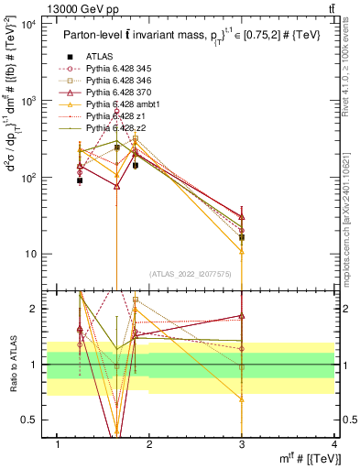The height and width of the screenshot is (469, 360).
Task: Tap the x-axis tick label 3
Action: [x=242, y=445]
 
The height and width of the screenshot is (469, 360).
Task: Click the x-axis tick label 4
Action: [x=333, y=445]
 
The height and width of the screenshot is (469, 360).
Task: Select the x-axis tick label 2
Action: [x=149, y=445]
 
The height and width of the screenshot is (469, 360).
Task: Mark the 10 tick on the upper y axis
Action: [x=30, y=254]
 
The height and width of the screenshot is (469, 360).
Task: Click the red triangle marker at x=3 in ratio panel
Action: [x=242, y=315]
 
